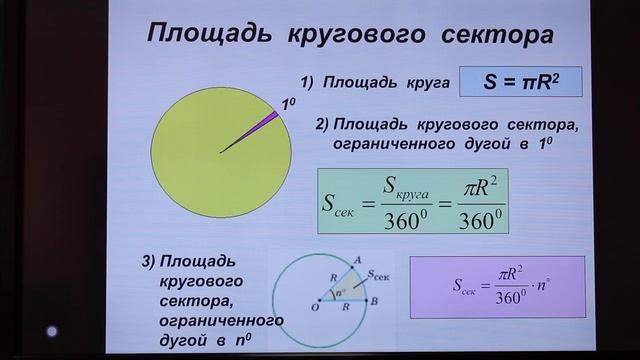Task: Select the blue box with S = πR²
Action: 520,84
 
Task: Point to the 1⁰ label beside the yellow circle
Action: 288,103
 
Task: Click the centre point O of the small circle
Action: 318,299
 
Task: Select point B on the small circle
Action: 372,299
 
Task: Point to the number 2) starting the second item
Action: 322,125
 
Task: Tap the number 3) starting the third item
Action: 148,262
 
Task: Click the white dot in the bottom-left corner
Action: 52,332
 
